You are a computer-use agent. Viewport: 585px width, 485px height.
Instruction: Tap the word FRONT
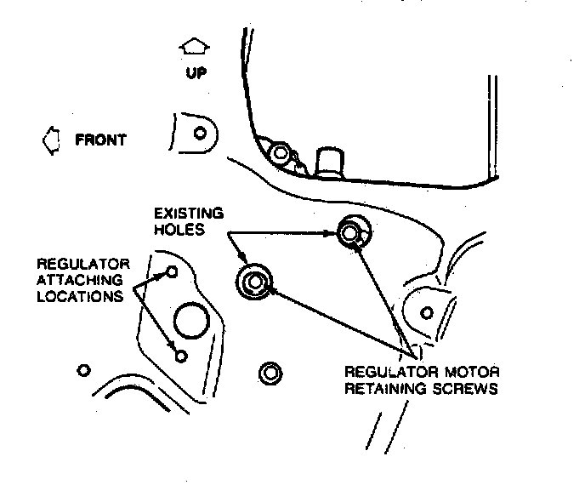(101, 140)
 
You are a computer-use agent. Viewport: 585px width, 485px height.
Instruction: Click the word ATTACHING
(77, 281)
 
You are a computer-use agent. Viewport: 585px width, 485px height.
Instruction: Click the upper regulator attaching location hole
(173, 272)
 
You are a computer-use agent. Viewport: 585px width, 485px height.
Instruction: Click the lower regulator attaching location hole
(180, 355)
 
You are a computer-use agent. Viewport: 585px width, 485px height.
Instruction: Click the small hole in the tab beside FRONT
(200, 133)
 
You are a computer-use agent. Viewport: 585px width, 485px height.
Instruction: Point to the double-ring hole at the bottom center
(270, 372)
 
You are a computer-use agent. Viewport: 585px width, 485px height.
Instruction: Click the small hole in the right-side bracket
(427, 312)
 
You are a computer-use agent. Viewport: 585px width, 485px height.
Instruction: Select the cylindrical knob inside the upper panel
(328, 161)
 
